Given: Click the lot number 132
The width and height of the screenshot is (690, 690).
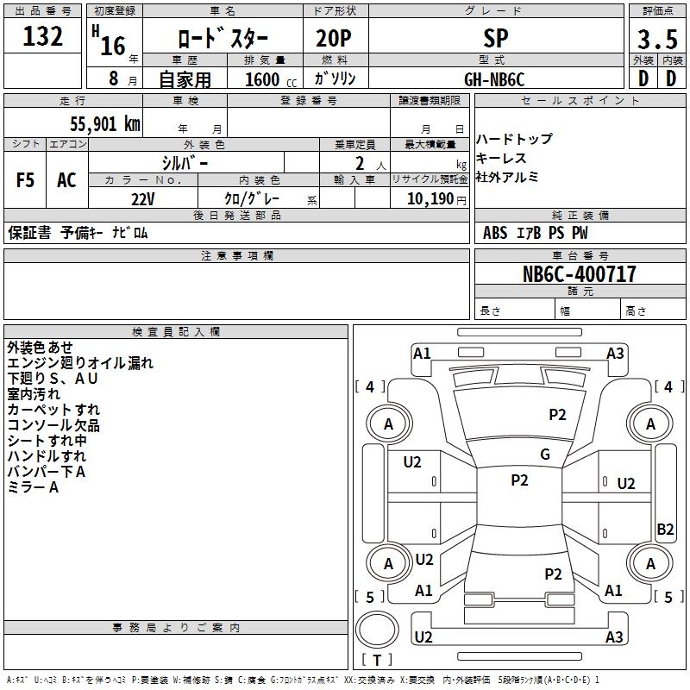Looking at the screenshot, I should pyautogui.click(x=43, y=38).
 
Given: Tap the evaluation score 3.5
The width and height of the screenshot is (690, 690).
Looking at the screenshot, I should pyautogui.click(x=656, y=40).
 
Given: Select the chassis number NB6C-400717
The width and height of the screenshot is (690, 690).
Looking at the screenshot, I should pyautogui.click(x=580, y=275).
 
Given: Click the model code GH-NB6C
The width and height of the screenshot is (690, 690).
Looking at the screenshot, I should pyautogui.click(x=494, y=78).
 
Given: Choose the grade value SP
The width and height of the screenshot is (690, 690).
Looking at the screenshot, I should pyautogui.click(x=497, y=38).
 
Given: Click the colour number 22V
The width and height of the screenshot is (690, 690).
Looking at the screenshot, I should pyautogui.click(x=143, y=198).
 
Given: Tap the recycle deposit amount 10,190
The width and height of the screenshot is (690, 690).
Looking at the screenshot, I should pyautogui.click(x=424, y=198).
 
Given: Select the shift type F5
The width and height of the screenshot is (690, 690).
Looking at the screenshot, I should pyautogui.click(x=26, y=180).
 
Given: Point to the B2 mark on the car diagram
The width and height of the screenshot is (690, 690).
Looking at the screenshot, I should pyautogui.click(x=665, y=530).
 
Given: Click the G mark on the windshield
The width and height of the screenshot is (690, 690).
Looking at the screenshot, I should pyautogui.click(x=545, y=455).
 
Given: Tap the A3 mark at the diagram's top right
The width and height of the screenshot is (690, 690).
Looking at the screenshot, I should pyautogui.click(x=615, y=353).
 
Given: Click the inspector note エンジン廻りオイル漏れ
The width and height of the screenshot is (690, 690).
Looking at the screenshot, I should pyautogui.click(x=80, y=363).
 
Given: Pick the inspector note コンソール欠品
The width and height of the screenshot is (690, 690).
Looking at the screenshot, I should pyautogui.click(x=53, y=425).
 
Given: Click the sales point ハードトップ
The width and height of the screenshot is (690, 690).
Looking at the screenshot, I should pyautogui.click(x=514, y=139).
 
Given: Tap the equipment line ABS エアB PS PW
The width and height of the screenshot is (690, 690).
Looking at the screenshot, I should pyautogui.click(x=536, y=233).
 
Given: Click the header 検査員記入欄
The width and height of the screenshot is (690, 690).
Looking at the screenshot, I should pyautogui.click(x=176, y=331).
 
